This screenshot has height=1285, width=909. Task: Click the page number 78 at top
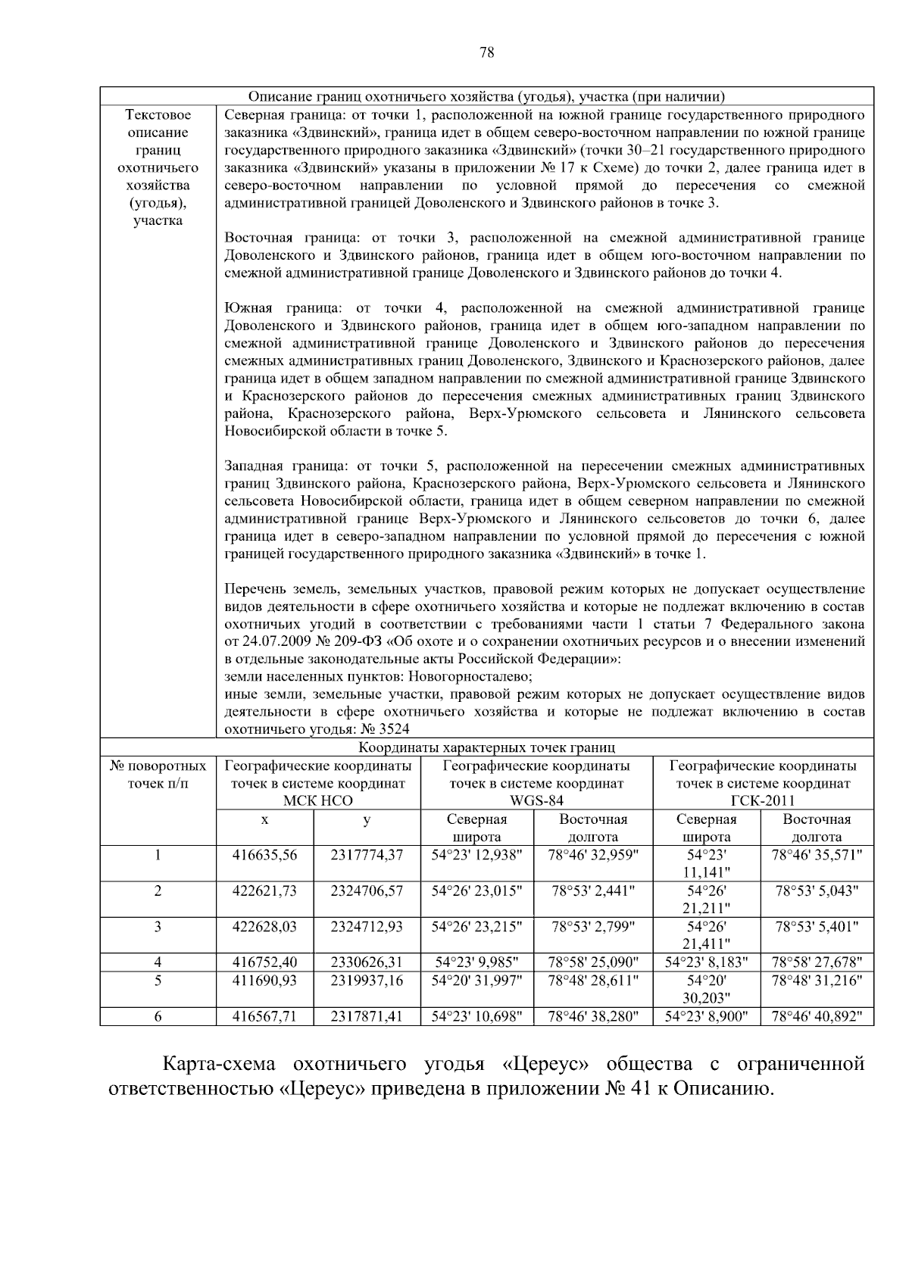(x=487, y=52)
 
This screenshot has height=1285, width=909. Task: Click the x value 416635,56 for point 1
(x=264, y=855)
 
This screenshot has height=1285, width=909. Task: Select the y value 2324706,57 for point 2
(x=367, y=890)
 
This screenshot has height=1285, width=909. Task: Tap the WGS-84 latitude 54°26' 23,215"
(x=476, y=926)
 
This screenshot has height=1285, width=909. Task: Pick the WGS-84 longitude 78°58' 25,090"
(x=593, y=962)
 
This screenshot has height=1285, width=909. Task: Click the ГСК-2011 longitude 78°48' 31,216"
(x=817, y=980)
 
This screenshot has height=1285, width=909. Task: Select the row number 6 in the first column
(x=158, y=1017)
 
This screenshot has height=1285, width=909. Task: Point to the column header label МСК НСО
(x=317, y=801)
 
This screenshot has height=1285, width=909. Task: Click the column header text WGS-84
(x=536, y=801)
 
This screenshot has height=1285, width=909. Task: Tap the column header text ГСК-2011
(x=763, y=801)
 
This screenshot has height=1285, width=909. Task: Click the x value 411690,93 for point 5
(x=264, y=980)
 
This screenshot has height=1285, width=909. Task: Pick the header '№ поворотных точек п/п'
(x=158, y=775)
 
